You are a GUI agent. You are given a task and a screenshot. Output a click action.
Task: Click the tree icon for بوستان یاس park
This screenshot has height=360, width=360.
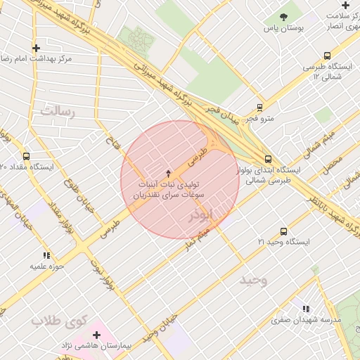click(283, 16)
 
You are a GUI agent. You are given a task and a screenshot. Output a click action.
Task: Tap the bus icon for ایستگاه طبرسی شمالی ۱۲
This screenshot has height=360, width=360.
click(327, 56)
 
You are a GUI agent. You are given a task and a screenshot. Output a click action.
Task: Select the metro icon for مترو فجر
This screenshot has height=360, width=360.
click(260, 108)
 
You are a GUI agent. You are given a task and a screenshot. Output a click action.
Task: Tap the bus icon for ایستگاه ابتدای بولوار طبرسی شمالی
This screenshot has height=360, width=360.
click(267, 160)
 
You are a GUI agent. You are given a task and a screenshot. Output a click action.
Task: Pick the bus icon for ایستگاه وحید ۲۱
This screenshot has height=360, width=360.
click(283, 231)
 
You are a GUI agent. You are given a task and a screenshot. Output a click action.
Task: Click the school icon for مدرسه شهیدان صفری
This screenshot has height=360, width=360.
click(305, 308)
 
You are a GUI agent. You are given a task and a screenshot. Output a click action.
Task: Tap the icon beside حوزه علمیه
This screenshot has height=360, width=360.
click(46, 255)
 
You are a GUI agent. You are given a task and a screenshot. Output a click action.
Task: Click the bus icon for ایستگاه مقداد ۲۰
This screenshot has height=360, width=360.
click(26, 156)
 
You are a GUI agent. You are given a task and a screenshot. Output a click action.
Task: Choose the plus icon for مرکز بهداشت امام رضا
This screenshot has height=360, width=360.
click(36, 49)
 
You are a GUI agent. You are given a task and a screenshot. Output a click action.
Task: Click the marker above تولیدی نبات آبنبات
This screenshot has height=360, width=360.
click(167, 173)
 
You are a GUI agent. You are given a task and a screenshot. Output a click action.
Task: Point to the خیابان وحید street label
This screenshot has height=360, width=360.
click(156, 330)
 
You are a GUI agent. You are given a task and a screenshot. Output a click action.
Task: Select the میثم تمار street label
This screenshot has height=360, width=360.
click(194, 239)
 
